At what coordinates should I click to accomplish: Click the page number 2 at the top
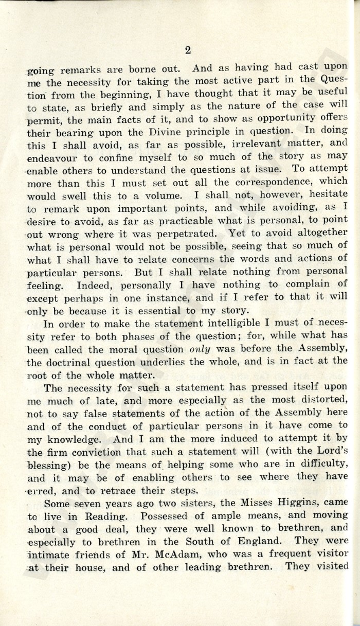[187, 49]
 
